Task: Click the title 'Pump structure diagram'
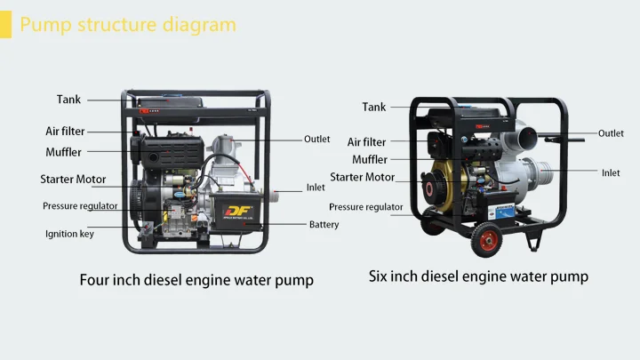coord(128,24)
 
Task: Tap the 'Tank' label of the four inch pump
coord(68,100)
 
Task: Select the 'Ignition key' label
coord(69,234)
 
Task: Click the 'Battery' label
coord(324,225)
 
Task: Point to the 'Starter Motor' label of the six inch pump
coord(362,177)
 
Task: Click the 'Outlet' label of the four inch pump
coord(317,139)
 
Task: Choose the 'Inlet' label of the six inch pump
coord(611,172)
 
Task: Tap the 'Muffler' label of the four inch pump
coord(63,152)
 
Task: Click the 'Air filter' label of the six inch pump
coord(366,142)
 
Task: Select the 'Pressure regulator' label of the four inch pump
coord(80,206)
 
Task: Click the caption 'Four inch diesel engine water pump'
coord(196,280)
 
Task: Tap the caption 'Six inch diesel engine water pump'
coord(478,276)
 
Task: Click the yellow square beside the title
coord(5,24)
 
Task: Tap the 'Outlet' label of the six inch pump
coord(611,133)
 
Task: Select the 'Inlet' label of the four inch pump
coord(316,188)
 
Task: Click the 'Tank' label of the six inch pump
coord(374,107)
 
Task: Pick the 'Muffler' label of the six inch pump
coord(370,160)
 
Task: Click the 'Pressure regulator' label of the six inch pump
coord(365,207)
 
